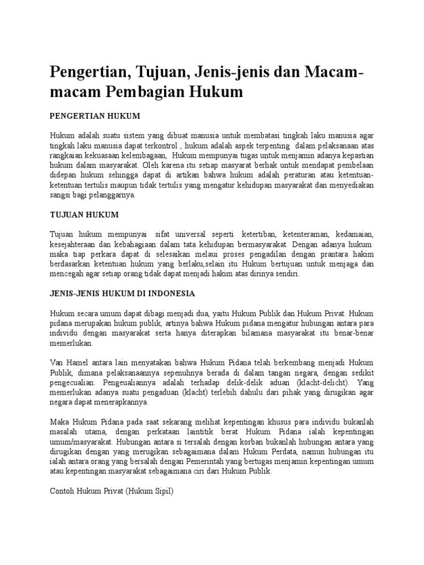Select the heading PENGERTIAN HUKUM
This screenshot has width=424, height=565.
click(96, 116)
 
